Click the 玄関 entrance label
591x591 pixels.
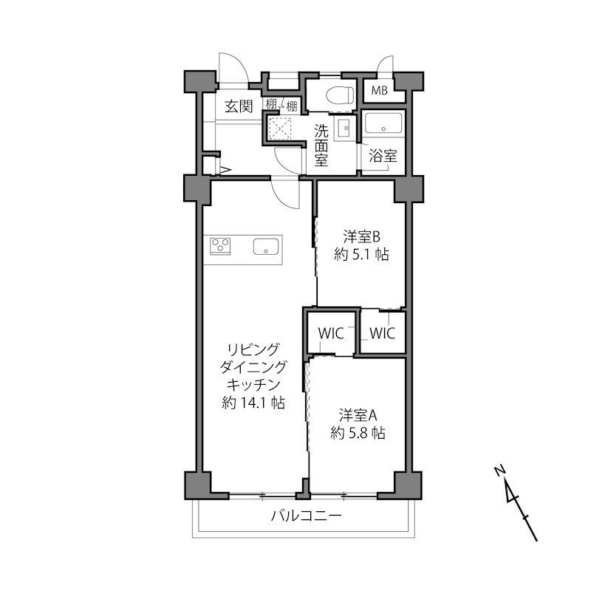pos(238,106)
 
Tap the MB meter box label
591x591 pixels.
pos(379,91)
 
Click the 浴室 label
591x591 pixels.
pos(383,157)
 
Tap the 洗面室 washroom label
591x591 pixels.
pos(321,146)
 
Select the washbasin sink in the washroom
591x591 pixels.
pos(344,129)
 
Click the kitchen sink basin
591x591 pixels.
pos(264,247)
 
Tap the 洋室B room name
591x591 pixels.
pos(361,237)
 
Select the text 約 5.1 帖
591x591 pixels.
pos(361,256)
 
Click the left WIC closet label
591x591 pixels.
pos(330,333)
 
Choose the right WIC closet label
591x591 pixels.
pos(382,333)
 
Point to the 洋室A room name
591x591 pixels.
pos(358,414)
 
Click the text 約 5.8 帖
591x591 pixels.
pos(358,434)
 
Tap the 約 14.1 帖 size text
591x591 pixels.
pos(253,403)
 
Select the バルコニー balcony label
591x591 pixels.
pos(306,516)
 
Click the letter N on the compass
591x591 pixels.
pos(499,470)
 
